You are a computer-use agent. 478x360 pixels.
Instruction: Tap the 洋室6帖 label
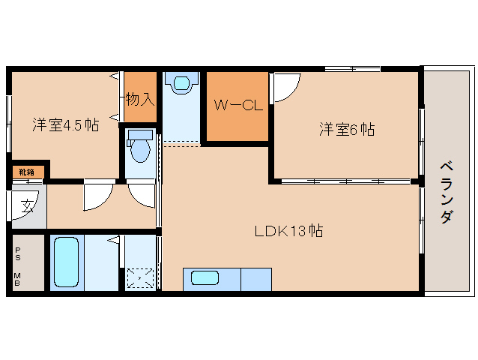pos(347,129)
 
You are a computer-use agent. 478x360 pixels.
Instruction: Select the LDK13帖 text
pos(288,231)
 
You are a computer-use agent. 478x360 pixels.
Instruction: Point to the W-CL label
pos(238,106)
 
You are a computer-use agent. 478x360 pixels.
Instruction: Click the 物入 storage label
pos(140,97)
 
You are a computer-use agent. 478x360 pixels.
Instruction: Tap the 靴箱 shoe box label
pos(26,172)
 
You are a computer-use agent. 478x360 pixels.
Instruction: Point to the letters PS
pos(17,255)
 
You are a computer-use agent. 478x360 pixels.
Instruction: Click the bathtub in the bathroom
pos(67,262)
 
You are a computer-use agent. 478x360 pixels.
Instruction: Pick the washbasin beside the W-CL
pos(181,83)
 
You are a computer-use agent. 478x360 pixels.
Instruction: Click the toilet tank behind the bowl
pos(140,135)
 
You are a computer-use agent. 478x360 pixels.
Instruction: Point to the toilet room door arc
pos(139,194)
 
